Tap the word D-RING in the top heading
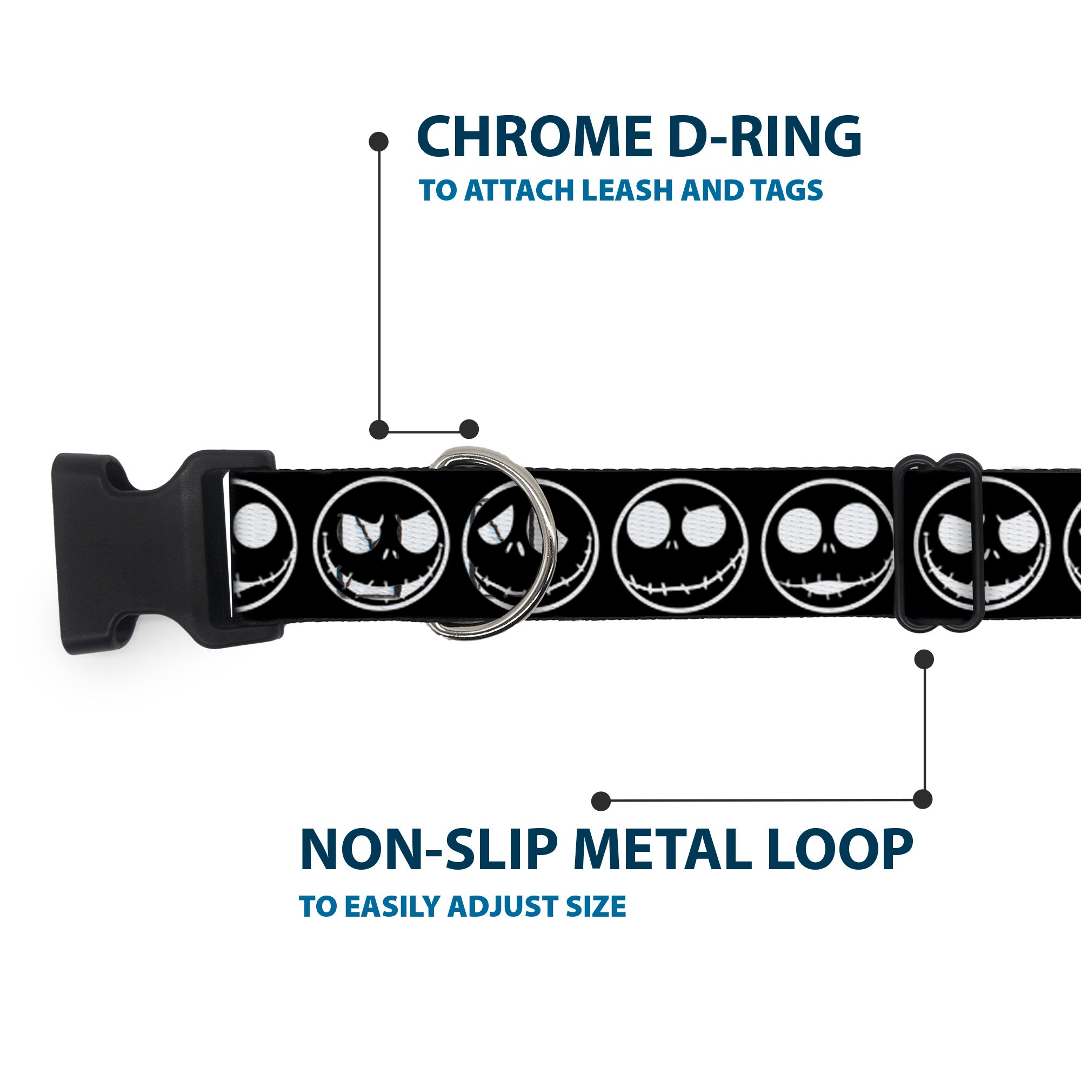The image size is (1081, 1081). (764, 137)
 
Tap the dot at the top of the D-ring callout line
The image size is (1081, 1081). (379, 142)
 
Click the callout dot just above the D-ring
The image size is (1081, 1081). (469, 429)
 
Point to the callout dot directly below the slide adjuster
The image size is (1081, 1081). (924, 659)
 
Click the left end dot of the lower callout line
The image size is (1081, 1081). (601, 800)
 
